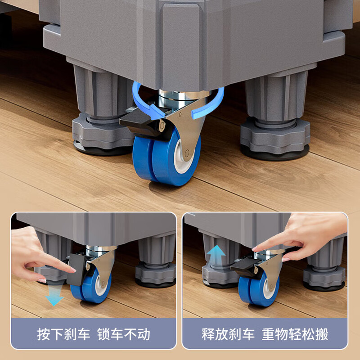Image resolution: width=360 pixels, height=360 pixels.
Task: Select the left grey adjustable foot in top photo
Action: [x=97, y=130]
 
